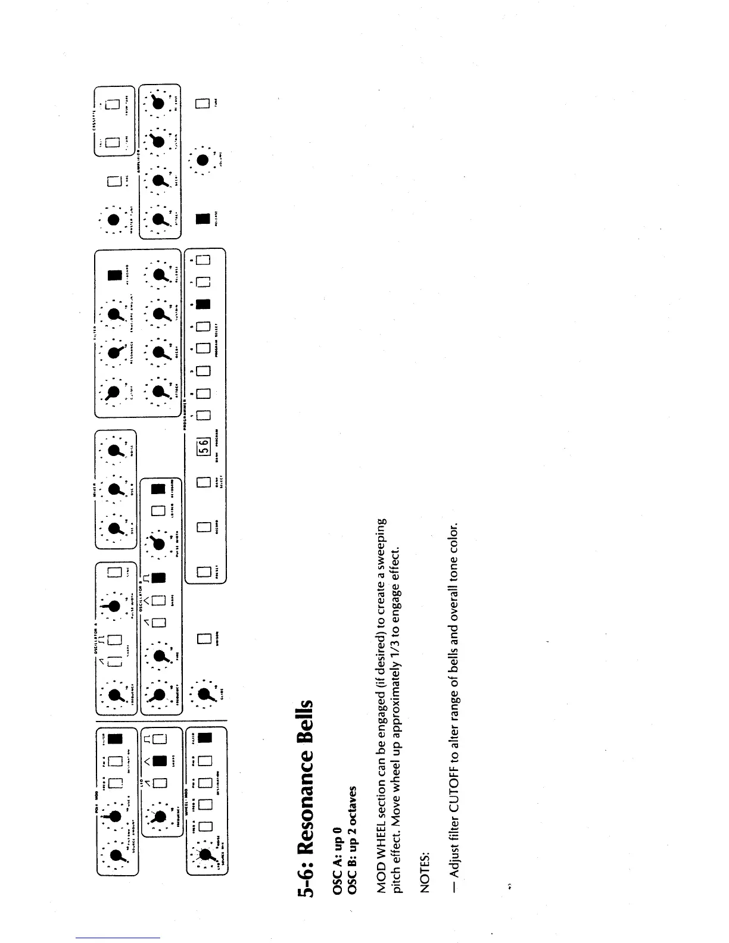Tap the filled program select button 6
(203, 304)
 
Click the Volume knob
(203, 160)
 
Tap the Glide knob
(203, 694)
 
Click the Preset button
(203, 572)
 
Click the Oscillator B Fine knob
(160, 656)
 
